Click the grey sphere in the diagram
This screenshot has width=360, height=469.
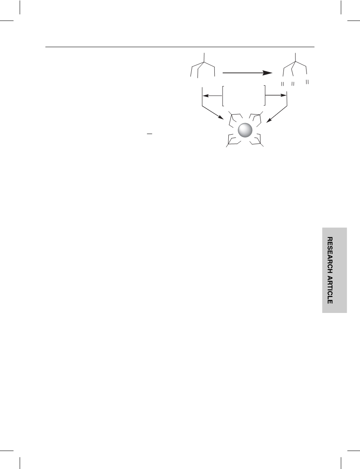pos(245,130)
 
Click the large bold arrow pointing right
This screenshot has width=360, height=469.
pos(248,73)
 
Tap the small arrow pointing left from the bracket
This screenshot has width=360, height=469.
pos(212,96)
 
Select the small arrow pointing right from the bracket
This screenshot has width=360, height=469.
pos(276,96)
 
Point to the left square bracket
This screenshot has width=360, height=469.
pos(223,96)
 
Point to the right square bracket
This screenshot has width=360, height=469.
pos(265,96)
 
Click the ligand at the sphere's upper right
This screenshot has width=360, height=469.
pos(256,118)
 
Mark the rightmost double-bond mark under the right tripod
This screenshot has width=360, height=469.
pos(307,82)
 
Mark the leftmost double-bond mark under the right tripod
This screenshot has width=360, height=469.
pos(282,84)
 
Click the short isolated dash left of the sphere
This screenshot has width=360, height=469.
pos(150,134)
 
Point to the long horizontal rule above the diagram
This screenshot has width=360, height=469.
pos(180,47)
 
